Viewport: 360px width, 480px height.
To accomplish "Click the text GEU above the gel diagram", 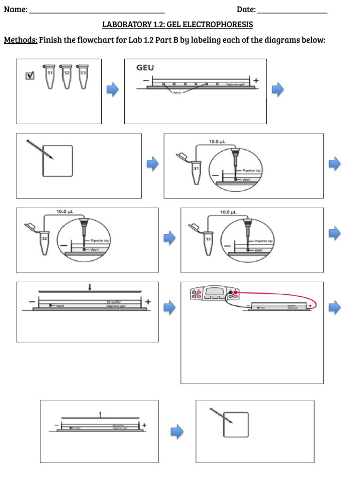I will (145, 68).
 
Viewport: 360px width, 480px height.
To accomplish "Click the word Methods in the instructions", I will (20, 40).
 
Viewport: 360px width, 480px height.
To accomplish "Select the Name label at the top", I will (15, 9).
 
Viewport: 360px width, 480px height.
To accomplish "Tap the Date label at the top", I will (246, 9).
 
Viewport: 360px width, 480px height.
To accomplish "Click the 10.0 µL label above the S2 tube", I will (65, 212).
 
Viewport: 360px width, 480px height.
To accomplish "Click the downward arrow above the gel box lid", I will (90, 286).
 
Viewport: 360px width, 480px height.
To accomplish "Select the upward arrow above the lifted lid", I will (100, 413).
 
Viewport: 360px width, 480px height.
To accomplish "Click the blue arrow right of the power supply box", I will (334, 307).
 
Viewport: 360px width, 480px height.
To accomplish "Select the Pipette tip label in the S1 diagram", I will (252, 172).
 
